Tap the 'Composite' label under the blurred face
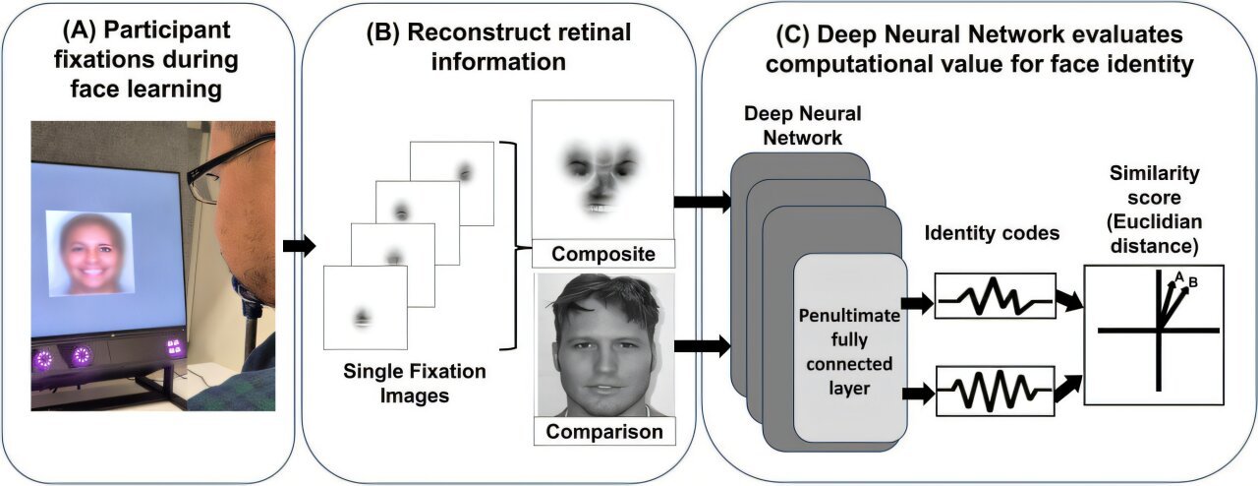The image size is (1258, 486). point(602,255)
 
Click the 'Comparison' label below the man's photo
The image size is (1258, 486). point(602,431)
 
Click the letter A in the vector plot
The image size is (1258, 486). point(1179,275)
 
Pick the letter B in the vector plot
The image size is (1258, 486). point(1192,283)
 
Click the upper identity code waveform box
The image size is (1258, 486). point(994,295)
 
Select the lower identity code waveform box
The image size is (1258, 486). point(994,391)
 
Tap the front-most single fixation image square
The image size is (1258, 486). point(365,308)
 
